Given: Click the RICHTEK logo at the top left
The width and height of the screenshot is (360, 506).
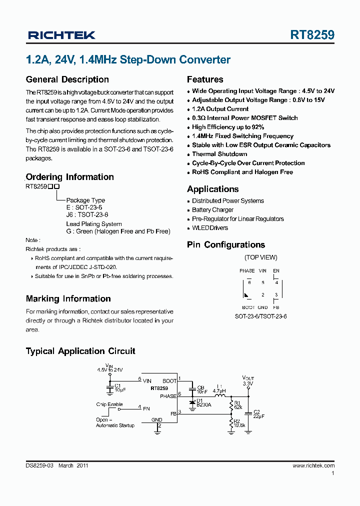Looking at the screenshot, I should click(x=61, y=35).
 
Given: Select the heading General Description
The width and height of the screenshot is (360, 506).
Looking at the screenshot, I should click(x=67, y=79).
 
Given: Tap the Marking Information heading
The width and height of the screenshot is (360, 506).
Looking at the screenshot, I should click(x=68, y=299).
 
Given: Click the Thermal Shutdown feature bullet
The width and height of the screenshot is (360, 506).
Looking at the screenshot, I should click(x=219, y=154).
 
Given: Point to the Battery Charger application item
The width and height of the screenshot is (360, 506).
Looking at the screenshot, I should click(x=212, y=210).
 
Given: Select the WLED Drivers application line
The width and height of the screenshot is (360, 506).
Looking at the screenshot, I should click(x=210, y=228).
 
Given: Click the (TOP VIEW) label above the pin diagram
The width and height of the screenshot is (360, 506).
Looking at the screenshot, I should click(x=260, y=257).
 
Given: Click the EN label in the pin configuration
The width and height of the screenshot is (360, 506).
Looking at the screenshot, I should click(x=276, y=270).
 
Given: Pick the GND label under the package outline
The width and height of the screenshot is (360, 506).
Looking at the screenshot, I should click(x=262, y=307).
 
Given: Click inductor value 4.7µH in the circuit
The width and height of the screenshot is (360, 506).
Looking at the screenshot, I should click(x=219, y=390).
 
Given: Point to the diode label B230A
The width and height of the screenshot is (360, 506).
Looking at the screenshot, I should click(x=203, y=405).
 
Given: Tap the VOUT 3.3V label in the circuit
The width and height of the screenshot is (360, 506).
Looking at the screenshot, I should click(x=248, y=381).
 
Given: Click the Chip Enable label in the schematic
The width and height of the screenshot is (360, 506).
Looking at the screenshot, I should click(x=109, y=404).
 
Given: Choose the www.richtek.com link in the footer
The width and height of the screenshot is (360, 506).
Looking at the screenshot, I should click(x=313, y=465).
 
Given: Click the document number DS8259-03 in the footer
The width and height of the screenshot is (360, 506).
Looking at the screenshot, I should click(x=39, y=465).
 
